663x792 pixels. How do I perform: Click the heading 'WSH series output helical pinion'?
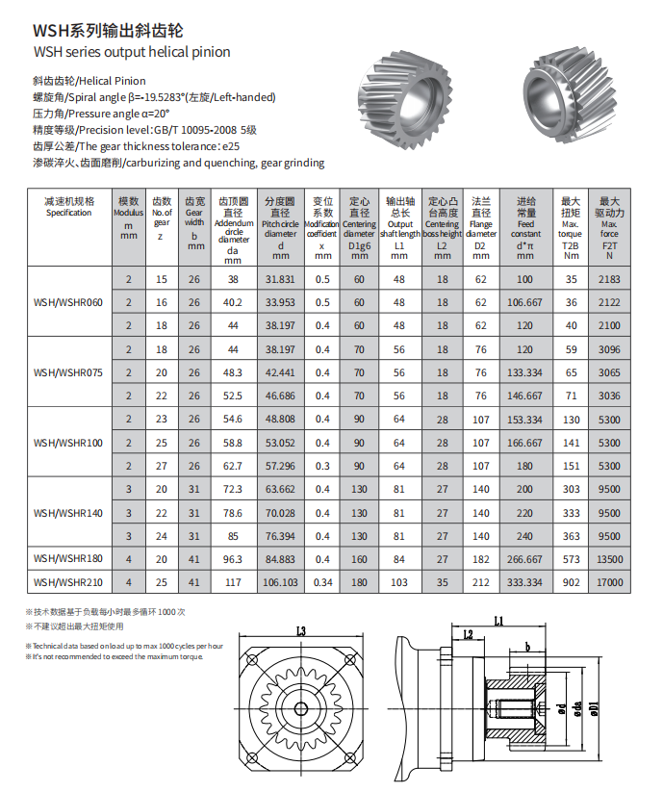pyautogui.click(x=132, y=52)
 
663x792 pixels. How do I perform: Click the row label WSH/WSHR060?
pyautogui.click(x=68, y=302)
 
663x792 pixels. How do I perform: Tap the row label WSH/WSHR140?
pyautogui.click(x=68, y=512)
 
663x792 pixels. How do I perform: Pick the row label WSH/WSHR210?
pyautogui.click(x=68, y=582)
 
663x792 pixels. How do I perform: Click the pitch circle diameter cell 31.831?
pyautogui.click(x=280, y=279)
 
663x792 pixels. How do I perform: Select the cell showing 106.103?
pyautogui.click(x=280, y=582)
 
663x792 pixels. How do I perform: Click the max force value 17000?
pyautogui.click(x=609, y=582)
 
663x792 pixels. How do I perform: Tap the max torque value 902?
pyautogui.click(x=572, y=582)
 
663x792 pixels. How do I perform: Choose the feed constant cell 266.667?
pyautogui.click(x=525, y=559)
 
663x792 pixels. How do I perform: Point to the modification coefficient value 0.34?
pyautogui.click(x=323, y=582)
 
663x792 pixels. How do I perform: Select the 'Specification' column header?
pyautogui.click(x=68, y=207)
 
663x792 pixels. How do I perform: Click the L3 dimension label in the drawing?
pyautogui.click(x=300, y=631)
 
